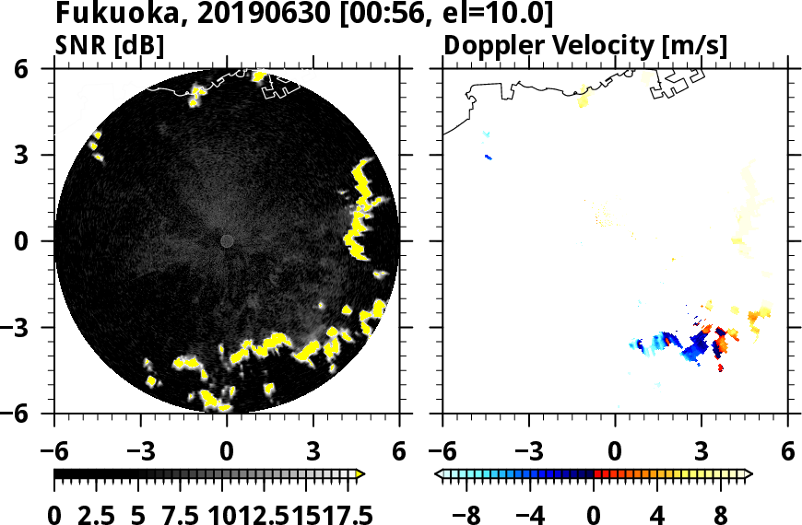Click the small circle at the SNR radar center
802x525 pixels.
pyautogui.click(x=227, y=241)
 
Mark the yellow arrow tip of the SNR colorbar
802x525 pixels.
pyautogui.click(x=360, y=474)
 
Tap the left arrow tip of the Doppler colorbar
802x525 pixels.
pyautogui.click(x=438, y=474)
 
